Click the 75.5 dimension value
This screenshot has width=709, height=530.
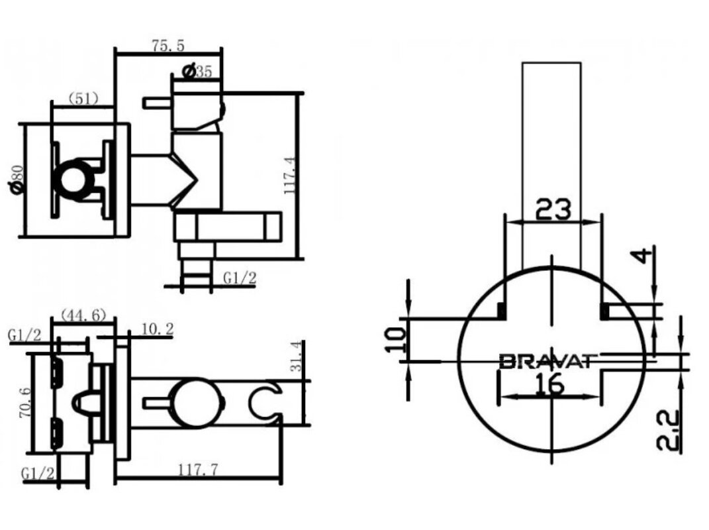click(x=167, y=45)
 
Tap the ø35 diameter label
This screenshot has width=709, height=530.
click(x=196, y=71)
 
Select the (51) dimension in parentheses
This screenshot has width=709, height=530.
click(x=83, y=98)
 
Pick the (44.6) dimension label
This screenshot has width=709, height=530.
click(x=83, y=314)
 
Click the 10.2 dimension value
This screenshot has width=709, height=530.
click(x=157, y=329)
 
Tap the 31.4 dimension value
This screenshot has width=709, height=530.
click(x=296, y=356)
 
